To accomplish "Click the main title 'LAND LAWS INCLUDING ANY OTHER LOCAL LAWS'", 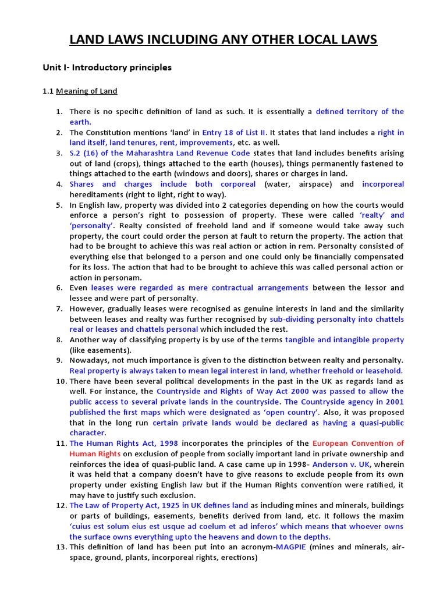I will (x=223, y=40).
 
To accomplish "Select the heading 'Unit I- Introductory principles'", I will (x=107, y=68).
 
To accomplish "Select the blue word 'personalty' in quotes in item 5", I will (x=92, y=225).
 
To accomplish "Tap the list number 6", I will (x=59, y=288).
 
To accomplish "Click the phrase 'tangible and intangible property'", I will (x=344, y=339).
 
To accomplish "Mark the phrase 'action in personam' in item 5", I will (x=105, y=278).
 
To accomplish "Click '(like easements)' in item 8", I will (x=100, y=350).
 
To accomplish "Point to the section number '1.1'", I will (x=48, y=91).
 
